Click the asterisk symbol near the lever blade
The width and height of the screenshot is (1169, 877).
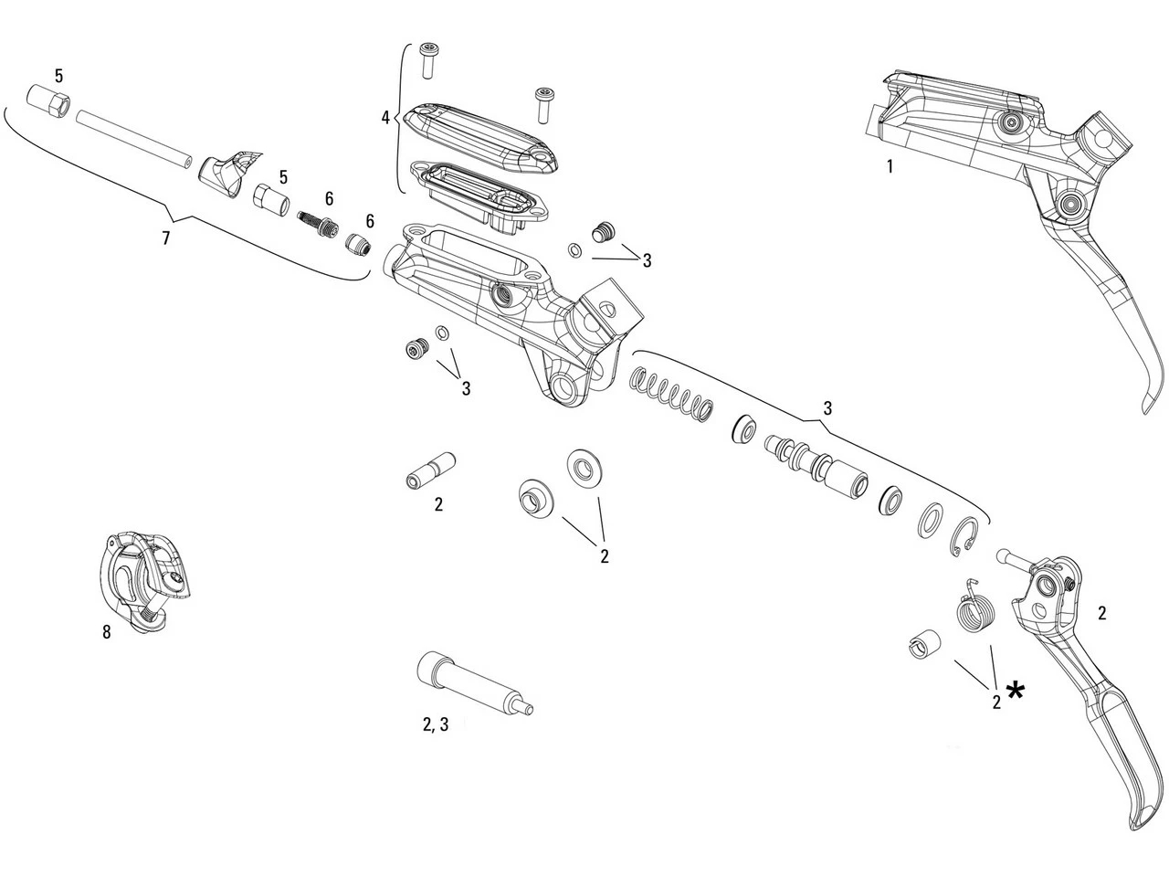click(x=1015, y=690)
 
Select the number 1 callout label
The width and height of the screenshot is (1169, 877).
click(x=889, y=166)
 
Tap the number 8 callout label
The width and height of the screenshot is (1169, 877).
click(x=107, y=631)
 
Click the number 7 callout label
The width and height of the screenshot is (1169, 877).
click(x=164, y=238)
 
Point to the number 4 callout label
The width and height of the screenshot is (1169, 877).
click(x=385, y=117)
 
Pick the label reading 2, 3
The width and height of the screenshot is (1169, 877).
click(x=435, y=724)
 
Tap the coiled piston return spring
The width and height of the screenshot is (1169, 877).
click(x=673, y=395)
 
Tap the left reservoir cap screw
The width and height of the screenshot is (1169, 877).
click(x=428, y=61)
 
